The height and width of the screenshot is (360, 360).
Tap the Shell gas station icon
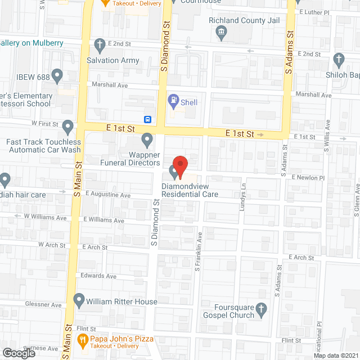pos(174,102)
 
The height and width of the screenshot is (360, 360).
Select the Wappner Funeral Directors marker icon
pos(147,138)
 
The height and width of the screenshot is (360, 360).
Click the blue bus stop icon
pos(148,119)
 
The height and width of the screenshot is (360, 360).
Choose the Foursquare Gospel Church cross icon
pos(260,308)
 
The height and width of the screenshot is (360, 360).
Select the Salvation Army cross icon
pos(100,44)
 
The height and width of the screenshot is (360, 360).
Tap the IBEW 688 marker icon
pos(57,75)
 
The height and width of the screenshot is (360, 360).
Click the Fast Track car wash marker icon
pos(68,127)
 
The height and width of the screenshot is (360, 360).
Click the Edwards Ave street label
pos(98,276)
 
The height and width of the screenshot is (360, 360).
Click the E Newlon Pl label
pos(308,177)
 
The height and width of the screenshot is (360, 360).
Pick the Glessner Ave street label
pos(44,305)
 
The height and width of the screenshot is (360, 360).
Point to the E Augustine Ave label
pos(108,195)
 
